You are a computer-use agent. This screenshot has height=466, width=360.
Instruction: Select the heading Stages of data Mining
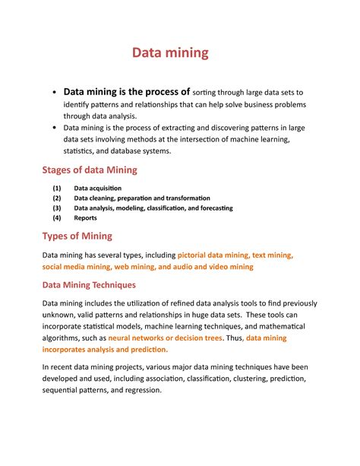click(90, 170)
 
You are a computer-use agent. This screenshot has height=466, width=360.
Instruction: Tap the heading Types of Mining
click(77, 236)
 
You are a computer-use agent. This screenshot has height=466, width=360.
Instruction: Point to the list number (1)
click(56, 188)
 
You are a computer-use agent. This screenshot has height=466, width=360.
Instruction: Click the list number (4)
click(56, 217)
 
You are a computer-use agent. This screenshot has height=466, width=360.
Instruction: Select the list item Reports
click(85, 217)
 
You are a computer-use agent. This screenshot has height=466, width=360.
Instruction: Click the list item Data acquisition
click(97, 188)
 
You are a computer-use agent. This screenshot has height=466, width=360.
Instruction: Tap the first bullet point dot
click(54, 93)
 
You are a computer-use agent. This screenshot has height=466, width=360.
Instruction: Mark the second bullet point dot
click(54, 128)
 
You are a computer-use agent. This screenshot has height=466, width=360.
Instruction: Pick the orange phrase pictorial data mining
click(216, 255)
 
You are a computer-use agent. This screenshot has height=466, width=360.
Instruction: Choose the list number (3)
click(56, 208)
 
